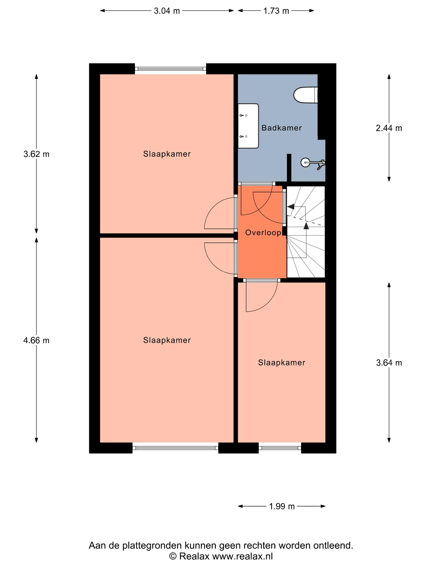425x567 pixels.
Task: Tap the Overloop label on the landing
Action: pos(263,233)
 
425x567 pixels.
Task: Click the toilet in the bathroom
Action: pos(305,96)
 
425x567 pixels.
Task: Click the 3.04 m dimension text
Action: pos(167,11)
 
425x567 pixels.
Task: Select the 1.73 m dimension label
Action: pos(276,11)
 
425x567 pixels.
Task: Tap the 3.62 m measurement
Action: pos(36,154)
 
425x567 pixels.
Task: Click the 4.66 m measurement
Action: pos(36,340)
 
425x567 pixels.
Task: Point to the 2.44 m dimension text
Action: pos(389,128)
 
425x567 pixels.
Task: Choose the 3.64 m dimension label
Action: pos(389,363)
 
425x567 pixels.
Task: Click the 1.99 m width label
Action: pos(282,506)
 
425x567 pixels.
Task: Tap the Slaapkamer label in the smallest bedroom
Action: pos(282,362)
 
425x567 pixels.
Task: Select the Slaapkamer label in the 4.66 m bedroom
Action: pos(167,340)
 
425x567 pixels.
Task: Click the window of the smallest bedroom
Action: pos(280,448)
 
